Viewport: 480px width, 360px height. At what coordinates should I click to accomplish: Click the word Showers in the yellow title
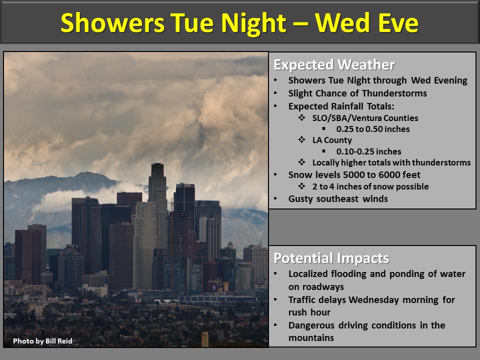[x=112, y=22]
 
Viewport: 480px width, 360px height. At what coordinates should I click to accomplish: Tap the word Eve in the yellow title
[x=398, y=22]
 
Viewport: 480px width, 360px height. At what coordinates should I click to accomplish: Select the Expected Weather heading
[x=334, y=64]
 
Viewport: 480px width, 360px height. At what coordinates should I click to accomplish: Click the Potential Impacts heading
[x=331, y=258]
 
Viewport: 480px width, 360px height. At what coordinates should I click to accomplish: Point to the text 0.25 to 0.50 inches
[x=373, y=129]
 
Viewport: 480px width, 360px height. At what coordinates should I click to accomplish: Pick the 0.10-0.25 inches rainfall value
[x=368, y=151]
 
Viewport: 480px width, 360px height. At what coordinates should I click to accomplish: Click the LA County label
[x=332, y=140]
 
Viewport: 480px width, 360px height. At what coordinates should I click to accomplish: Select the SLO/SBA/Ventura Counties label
[x=365, y=118]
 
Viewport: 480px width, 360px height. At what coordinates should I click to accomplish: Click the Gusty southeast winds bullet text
[x=338, y=199]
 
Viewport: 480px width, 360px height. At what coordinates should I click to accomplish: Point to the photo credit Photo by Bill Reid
[x=42, y=341]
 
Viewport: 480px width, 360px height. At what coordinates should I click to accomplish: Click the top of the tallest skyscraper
[x=157, y=164]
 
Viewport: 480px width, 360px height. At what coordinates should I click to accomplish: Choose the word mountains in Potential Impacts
[x=311, y=338]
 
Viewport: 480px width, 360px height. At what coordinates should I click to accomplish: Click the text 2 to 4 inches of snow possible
[x=370, y=186]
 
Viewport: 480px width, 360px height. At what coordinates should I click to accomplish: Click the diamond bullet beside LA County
[x=302, y=140]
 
